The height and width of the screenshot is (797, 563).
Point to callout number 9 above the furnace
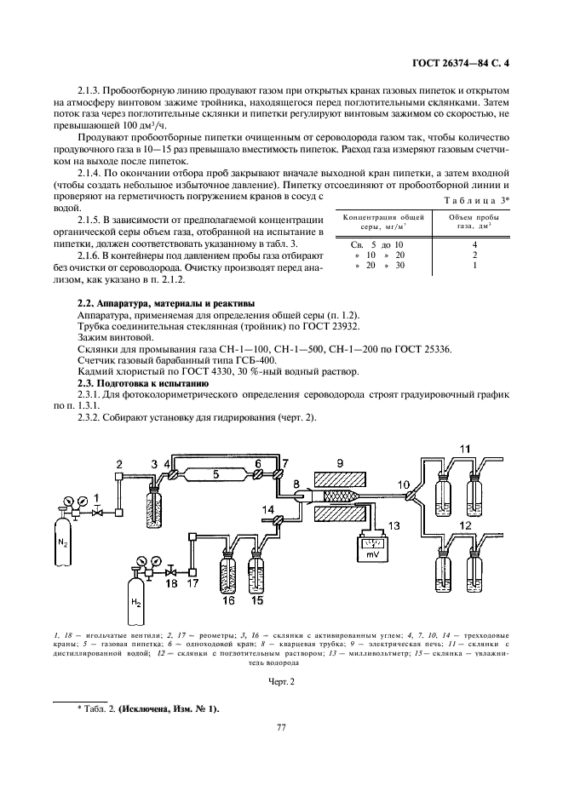[x=341, y=462]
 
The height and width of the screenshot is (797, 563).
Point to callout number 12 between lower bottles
[x=464, y=526]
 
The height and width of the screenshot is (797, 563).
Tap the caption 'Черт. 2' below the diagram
[x=280, y=682]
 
